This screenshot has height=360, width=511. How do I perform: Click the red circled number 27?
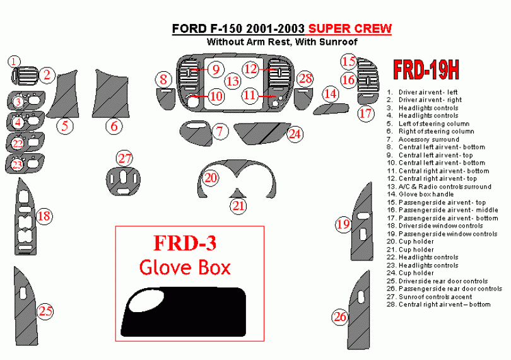(125, 158)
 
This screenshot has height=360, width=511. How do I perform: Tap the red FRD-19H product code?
(426, 70)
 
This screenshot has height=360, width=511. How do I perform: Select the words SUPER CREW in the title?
(350, 28)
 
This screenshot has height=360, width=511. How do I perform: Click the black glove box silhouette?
(184, 312)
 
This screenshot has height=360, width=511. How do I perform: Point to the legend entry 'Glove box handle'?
(420, 194)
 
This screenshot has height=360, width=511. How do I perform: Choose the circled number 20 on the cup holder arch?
(211, 178)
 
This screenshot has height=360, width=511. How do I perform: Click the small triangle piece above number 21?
(238, 193)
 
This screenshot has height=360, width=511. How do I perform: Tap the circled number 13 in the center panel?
(233, 81)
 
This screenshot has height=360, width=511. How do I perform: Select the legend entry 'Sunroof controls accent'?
(429, 297)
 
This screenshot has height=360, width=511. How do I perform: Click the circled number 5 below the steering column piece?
(65, 125)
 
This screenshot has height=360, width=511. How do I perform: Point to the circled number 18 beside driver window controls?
(44, 216)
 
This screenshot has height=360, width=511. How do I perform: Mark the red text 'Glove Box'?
(185, 267)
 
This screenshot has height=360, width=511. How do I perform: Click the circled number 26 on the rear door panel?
(340, 316)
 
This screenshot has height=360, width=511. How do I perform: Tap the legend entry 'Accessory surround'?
(423, 139)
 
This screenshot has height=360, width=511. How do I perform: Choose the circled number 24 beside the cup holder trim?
(295, 134)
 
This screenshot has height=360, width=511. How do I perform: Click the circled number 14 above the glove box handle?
(331, 94)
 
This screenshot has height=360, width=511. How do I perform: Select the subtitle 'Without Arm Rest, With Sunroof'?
(282, 42)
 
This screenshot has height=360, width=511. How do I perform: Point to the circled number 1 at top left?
(14, 61)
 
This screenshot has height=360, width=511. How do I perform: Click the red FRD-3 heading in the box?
(185, 243)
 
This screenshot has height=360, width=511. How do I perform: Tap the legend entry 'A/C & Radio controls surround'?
(439, 187)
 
